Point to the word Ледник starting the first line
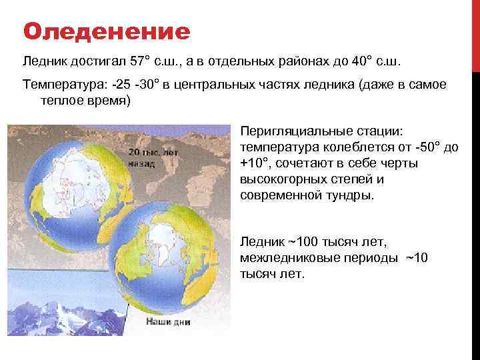(42, 62)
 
